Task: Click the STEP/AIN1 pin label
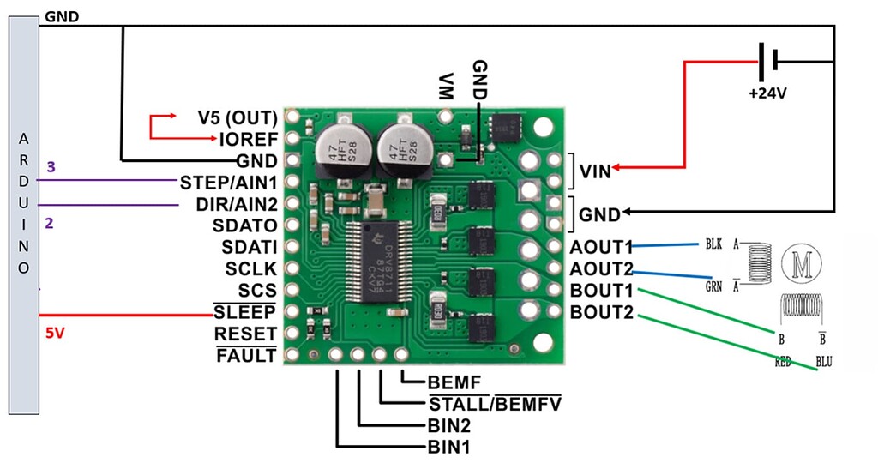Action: coord(228,182)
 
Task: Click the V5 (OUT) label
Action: coord(237,117)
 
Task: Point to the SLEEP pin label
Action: coord(244,311)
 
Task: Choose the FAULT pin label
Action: coord(246,355)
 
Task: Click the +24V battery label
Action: coord(766,93)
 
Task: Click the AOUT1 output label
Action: coord(600,247)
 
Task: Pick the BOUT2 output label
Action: coord(600,312)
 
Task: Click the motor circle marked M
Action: coord(802,265)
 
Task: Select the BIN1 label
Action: coord(448,447)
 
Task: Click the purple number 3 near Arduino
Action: coord(51,166)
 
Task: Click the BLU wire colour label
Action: coord(824,363)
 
